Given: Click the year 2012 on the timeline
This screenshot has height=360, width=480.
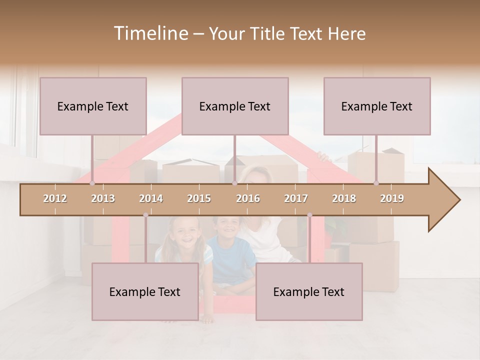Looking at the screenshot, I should pos(55,198).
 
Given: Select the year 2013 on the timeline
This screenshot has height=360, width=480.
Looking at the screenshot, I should pos(103,198).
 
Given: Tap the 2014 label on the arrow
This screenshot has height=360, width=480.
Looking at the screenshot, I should pos(151,198).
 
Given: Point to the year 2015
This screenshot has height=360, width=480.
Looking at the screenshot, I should pos(199,198).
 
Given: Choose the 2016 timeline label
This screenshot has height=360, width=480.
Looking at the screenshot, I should pos(248,198).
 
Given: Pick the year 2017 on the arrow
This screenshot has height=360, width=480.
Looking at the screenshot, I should pos(296,198).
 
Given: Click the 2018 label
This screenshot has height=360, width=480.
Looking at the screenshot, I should pos(344,198).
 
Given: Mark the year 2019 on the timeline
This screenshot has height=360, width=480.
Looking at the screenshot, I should pos(392,198).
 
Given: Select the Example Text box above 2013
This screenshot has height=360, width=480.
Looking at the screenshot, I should pos(93,106).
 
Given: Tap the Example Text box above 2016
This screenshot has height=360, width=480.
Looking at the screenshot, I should pos(235,106).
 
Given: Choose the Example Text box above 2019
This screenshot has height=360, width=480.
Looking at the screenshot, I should pos(377,106).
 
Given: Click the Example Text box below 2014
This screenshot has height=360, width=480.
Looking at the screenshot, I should pos(145,291).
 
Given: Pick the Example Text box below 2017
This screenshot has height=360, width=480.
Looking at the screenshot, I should pos(309,291).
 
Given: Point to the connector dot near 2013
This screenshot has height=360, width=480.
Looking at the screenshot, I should pos(92,183).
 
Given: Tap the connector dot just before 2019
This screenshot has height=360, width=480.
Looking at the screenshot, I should pos(376,183).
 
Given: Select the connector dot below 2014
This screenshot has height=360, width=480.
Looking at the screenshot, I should pos(145,215).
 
